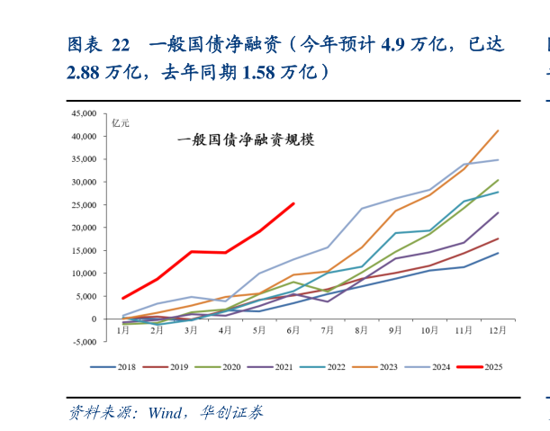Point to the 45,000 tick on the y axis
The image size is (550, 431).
tap(88, 113)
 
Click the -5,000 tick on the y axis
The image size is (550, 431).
tap(88, 342)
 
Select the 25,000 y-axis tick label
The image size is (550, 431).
tap(88, 205)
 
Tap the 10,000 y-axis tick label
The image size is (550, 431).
tap(88, 274)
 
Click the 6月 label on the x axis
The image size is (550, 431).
tap(293, 330)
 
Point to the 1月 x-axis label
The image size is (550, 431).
tap(123, 330)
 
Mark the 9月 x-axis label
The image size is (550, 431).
tap(396, 330)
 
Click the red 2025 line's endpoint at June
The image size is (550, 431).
tap(293, 203)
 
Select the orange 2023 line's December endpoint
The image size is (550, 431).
tap(498, 130)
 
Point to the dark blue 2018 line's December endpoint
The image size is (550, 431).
tap(498, 253)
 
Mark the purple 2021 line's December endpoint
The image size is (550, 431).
tap(498, 212)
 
